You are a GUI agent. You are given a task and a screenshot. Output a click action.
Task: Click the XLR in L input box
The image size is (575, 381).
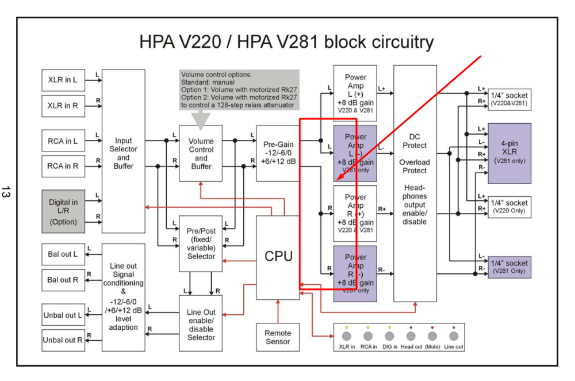click(x=63, y=80)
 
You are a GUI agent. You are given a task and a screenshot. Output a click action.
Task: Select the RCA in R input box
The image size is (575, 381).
click(x=63, y=166)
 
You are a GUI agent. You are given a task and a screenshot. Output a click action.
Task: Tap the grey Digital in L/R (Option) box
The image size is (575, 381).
click(x=63, y=211)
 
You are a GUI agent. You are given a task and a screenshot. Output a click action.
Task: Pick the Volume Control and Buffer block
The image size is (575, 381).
click(x=201, y=153)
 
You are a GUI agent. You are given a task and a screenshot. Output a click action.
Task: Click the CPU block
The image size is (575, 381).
click(x=278, y=257)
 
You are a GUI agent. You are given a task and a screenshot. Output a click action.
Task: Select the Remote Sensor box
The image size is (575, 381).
click(x=278, y=337)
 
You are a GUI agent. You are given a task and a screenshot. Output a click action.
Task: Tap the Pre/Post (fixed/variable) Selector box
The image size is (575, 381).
click(x=201, y=243)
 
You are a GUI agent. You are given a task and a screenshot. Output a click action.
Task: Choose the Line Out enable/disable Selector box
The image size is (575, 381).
click(x=201, y=325)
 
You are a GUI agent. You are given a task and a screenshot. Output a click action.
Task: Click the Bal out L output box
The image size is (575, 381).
click(x=63, y=254)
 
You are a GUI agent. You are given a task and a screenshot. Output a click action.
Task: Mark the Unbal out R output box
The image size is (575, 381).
click(x=63, y=340)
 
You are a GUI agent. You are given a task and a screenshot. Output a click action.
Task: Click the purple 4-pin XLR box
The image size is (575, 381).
click(x=509, y=153)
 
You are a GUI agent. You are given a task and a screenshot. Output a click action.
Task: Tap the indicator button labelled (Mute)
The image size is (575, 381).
click(x=432, y=337)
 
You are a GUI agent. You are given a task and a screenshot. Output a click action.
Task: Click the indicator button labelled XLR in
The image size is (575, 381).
click(x=347, y=337)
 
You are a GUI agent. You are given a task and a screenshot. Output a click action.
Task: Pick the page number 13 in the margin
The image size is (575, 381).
click(x=7, y=192)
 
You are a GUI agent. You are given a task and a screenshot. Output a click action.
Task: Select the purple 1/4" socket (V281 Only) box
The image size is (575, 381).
click(x=509, y=266)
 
